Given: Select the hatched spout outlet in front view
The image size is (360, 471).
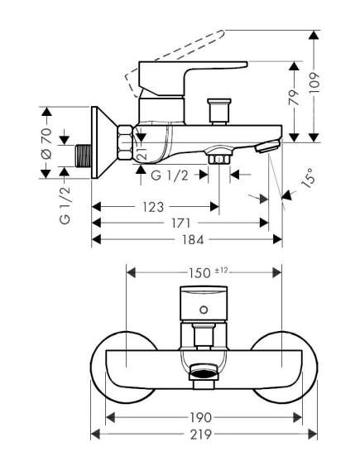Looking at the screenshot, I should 201,374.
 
